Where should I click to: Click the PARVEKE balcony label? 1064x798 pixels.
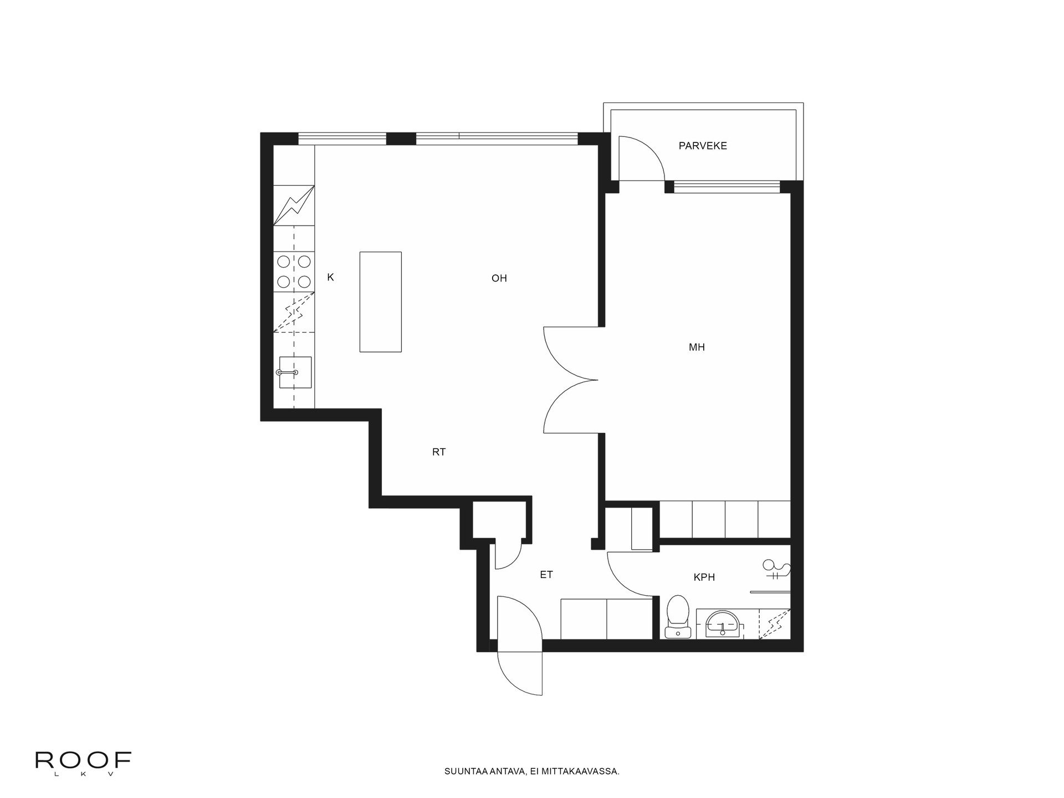703,146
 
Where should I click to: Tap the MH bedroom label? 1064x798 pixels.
697,347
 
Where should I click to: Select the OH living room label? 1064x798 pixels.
499,278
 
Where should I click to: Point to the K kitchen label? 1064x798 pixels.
330,278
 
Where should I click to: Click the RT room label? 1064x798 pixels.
438,452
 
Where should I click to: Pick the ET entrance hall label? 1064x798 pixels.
546,575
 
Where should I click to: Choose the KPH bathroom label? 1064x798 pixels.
704,577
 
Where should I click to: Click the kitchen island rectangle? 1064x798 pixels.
380,301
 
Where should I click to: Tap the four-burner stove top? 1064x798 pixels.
294,272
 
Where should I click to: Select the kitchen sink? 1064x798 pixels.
294,372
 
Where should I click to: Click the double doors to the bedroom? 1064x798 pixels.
571,380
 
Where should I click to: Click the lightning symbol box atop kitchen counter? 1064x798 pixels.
294,205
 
